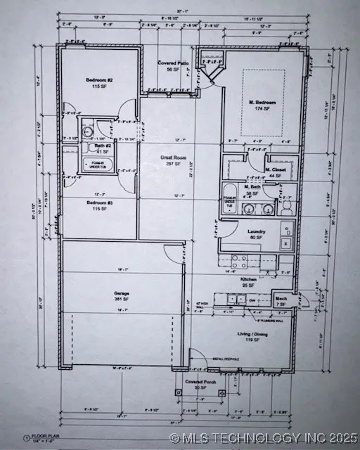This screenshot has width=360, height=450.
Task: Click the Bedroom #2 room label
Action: pos(99,81)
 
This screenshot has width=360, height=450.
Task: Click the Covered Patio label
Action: pos(173,64)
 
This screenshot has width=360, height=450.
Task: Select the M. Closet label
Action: pos(275,169)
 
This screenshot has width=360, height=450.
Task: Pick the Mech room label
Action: pos(281,297)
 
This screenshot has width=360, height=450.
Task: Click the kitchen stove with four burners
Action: pos(239,261)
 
